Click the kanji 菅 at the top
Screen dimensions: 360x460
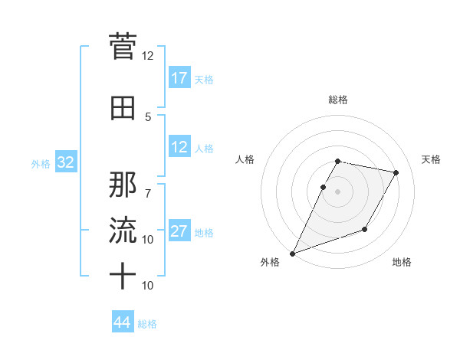click(123, 46)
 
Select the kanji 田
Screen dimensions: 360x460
click(123, 108)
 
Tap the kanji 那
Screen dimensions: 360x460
click(123, 183)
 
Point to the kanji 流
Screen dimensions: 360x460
click(123, 229)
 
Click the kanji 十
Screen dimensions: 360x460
click(123, 275)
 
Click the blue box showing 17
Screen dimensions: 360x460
click(179, 78)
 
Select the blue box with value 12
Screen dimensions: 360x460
click(179, 148)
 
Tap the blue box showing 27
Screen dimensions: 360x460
click(179, 231)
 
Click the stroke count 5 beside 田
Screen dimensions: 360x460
click(148, 117)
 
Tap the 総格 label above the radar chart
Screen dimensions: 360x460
click(338, 100)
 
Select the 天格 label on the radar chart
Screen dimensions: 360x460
click(432, 159)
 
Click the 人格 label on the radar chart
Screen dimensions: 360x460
click(245, 159)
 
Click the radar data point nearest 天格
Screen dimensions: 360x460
click(396, 173)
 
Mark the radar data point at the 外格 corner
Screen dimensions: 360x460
click(292, 254)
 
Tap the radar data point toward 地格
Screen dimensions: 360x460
click(365, 229)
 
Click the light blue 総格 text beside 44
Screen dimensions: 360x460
click(147, 324)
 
